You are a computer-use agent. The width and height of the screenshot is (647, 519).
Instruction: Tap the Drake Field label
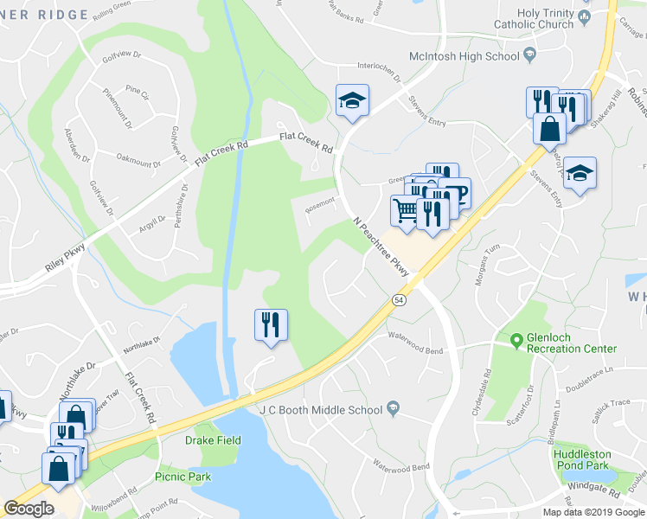point(213,440)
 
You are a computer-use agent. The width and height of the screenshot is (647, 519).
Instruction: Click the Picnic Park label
point(183,477)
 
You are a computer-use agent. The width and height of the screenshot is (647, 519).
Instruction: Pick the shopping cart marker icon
point(404,210)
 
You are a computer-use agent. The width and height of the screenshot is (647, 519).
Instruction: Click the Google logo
point(29,509)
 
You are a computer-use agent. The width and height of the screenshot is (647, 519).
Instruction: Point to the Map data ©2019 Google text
point(593,511)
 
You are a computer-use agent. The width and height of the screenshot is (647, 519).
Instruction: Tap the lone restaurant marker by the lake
point(271,326)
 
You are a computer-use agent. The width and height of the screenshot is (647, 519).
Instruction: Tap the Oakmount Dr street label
point(138,161)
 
